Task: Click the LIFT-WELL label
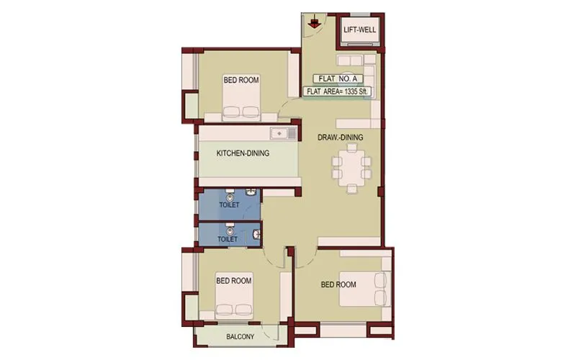(x=358, y=30)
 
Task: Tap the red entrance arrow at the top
(x=313, y=24)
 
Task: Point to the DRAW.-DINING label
(x=341, y=137)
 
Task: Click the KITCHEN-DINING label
(x=243, y=153)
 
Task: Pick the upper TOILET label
(x=229, y=205)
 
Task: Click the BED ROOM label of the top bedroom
(x=241, y=81)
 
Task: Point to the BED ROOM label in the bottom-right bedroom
(x=338, y=284)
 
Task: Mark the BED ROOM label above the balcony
(x=234, y=281)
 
